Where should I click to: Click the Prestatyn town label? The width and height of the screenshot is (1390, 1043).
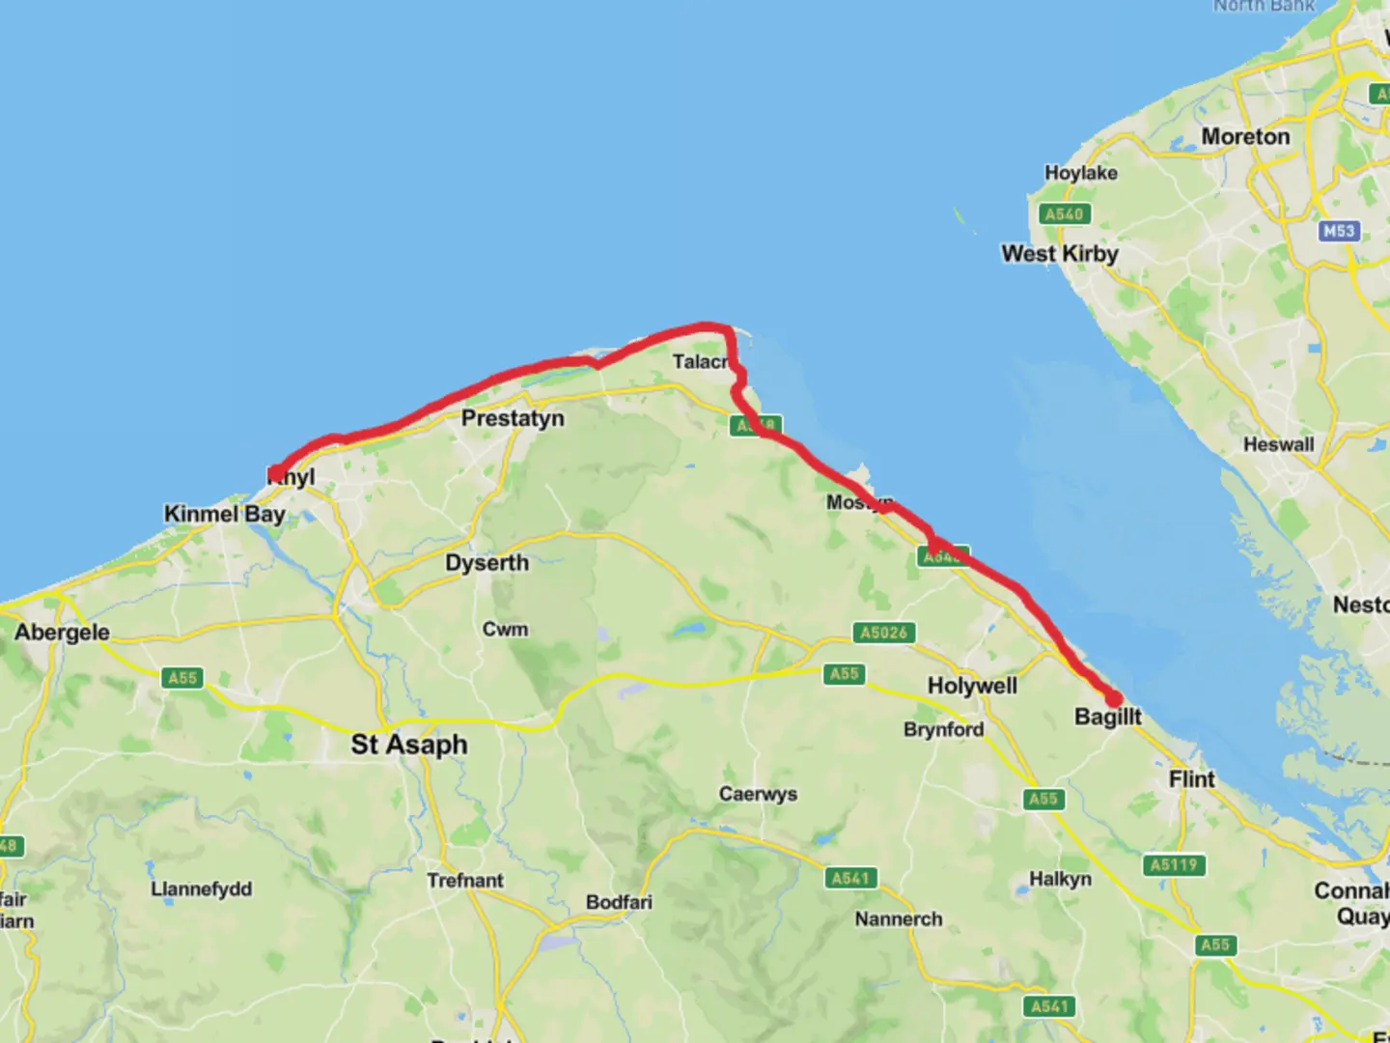(513, 418)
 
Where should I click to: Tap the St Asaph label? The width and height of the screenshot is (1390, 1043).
(409, 745)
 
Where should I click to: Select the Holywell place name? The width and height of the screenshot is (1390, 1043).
(972, 686)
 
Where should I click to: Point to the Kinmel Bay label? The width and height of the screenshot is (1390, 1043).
(224, 514)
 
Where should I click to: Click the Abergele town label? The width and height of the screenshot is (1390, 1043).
(62, 633)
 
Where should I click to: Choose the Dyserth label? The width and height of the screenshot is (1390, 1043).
(486, 563)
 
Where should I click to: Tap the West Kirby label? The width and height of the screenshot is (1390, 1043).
(1060, 254)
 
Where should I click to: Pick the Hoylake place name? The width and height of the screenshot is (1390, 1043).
(1081, 173)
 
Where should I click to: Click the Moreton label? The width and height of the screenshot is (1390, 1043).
(1245, 137)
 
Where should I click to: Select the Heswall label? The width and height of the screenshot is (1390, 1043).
(1278, 444)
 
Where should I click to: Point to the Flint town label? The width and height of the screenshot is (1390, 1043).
(1192, 779)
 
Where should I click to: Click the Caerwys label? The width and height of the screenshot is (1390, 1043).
(758, 794)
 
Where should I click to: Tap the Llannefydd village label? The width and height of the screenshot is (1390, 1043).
(201, 888)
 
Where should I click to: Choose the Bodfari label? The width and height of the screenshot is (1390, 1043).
(619, 902)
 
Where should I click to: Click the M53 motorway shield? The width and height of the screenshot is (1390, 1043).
(1339, 231)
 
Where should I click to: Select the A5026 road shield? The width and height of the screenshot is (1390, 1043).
(884, 633)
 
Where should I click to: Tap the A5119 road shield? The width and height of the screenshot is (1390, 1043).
(1173, 865)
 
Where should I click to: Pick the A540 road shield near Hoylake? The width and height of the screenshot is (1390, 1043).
(1064, 213)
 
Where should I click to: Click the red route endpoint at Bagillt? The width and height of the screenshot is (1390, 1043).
(1113, 698)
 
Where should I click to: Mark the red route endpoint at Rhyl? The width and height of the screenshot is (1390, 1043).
(276, 473)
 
